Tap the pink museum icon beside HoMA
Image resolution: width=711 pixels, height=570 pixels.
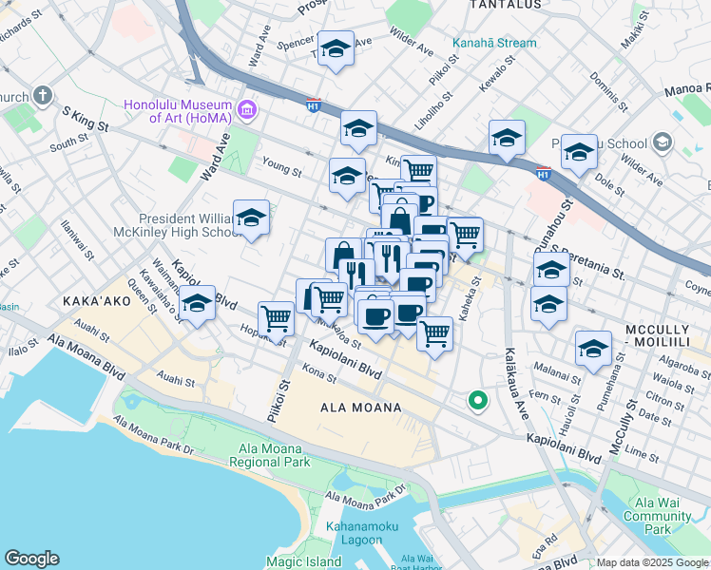coord(247,110)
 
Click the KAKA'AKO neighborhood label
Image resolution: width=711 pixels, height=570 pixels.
coord(94,299)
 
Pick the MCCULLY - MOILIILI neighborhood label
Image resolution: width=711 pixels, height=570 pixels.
coord(664,334)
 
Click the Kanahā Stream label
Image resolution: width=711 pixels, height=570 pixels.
coord(494,43)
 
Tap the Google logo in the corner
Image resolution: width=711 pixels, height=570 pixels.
coord(31,559)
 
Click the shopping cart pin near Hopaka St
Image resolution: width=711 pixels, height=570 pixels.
coord(276,319)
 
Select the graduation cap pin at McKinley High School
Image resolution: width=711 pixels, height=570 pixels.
coord(251,218)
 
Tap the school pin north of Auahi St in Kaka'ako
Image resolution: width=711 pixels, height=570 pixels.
coord(197,304)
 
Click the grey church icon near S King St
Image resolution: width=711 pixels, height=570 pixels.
coord(42,96)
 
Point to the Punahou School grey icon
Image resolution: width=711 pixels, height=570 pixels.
coord(662,143)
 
